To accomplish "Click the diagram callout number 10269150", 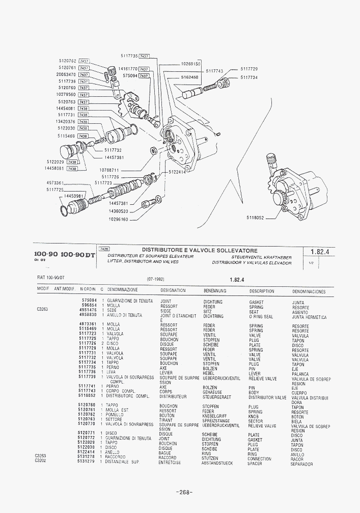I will click(191, 64).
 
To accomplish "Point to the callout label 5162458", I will click(189, 77).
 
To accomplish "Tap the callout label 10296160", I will click(118, 220).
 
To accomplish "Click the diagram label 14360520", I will click(118, 211).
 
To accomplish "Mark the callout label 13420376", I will click(66, 122).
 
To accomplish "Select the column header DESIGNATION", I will click(173, 291).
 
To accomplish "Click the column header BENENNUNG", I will click(215, 291).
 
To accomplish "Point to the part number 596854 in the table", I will click(90, 305).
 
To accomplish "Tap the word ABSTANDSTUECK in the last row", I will click(217, 463).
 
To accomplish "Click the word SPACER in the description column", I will click(255, 464).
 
